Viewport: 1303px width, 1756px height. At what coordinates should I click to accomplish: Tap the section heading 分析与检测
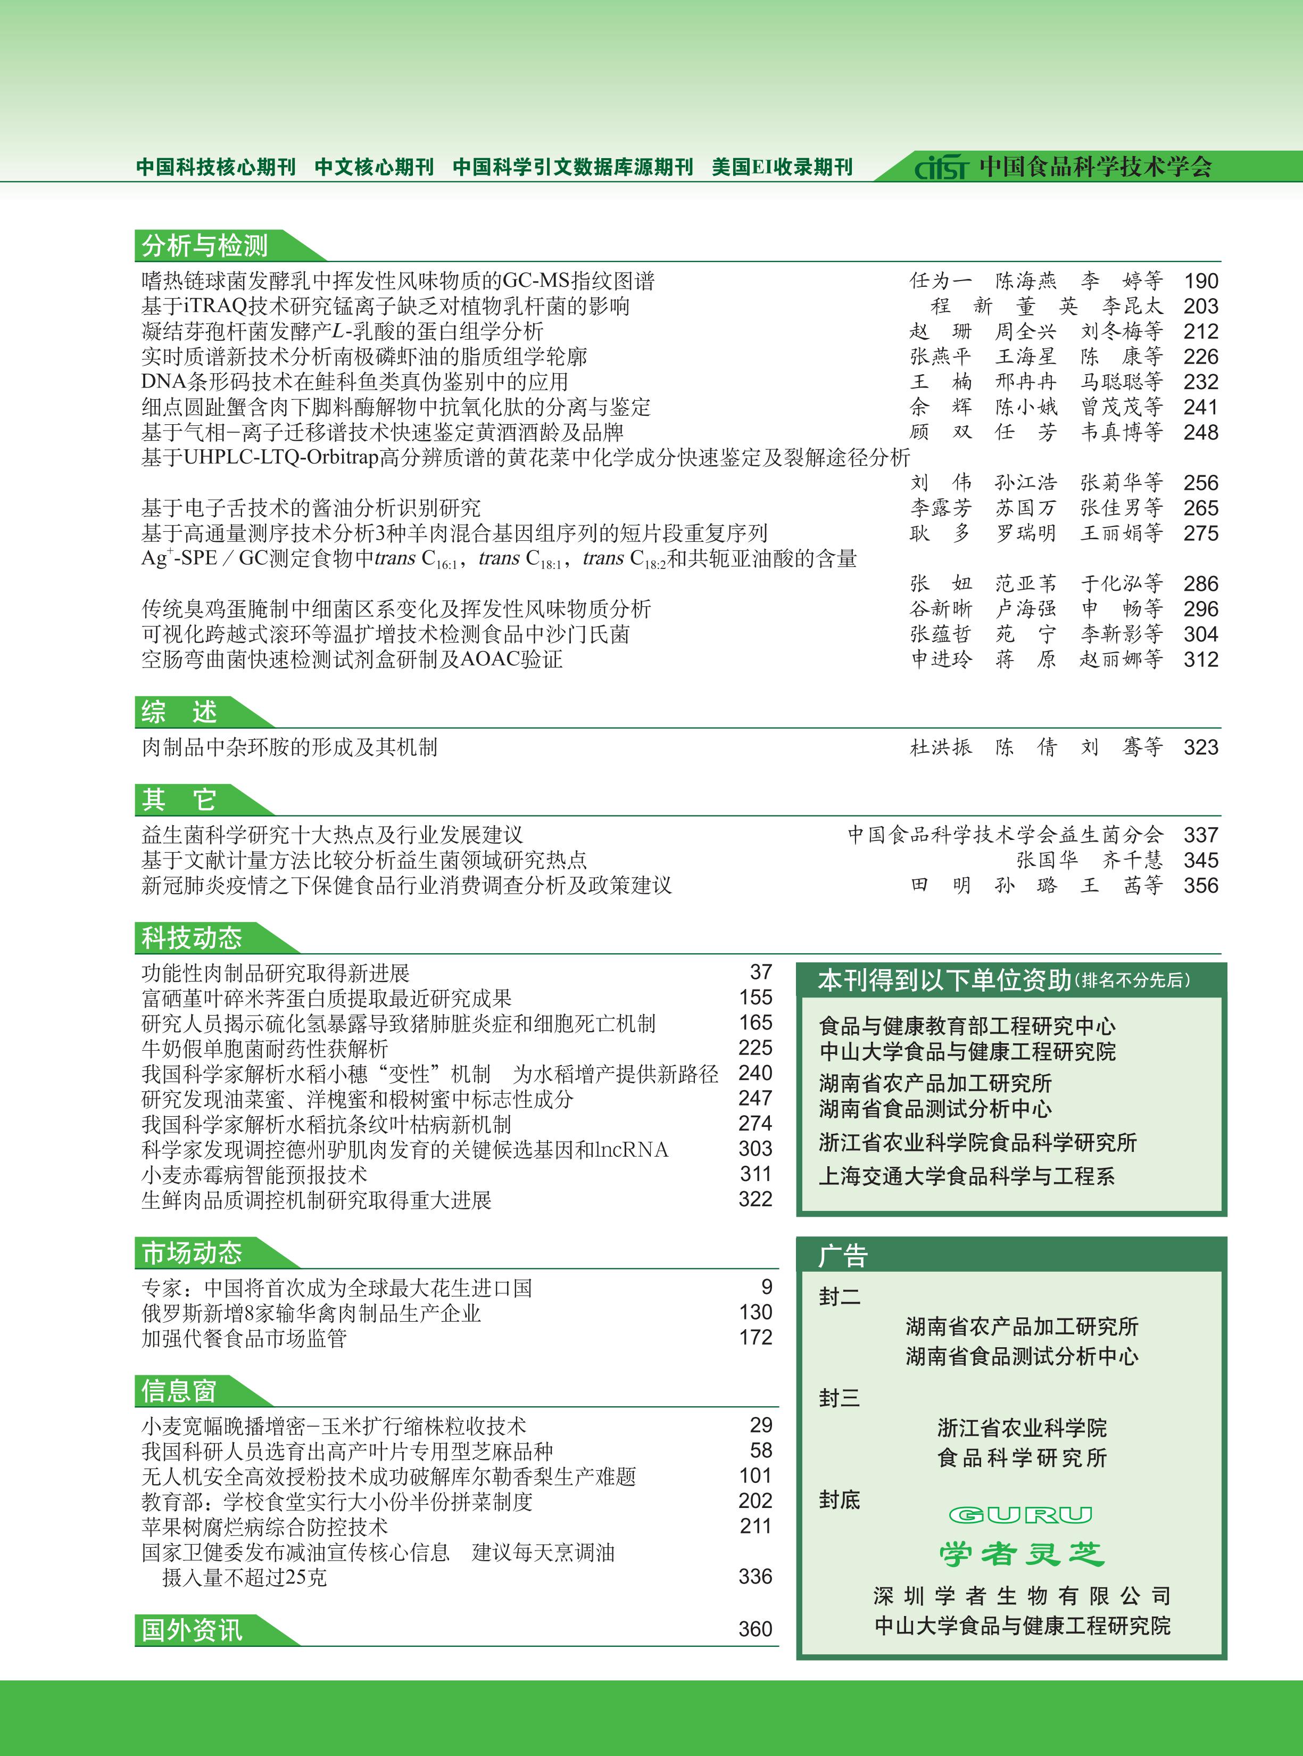[x=205, y=245]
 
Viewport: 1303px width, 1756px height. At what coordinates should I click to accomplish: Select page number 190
[x=1200, y=281]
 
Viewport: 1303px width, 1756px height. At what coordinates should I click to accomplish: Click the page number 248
[x=1200, y=432]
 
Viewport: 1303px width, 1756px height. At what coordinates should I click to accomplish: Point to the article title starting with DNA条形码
[x=355, y=382]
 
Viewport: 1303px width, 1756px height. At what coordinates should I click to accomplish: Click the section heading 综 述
[x=180, y=712]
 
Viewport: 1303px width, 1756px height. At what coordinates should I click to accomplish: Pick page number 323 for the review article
[x=1200, y=747]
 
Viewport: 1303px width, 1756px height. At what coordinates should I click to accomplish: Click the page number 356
[x=1200, y=885]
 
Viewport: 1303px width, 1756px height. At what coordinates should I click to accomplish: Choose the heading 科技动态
[x=192, y=938]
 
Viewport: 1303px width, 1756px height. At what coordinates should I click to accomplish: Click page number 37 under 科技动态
[x=760, y=972]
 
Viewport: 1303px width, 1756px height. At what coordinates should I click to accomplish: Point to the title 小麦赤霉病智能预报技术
[x=254, y=1175]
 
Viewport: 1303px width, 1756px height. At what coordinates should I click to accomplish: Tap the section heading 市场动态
[x=192, y=1252]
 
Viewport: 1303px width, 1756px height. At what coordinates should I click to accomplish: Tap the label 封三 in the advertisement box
[x=839, y=1398]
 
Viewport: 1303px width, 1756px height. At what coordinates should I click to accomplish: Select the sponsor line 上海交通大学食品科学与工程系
[x=967, y=1176]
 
